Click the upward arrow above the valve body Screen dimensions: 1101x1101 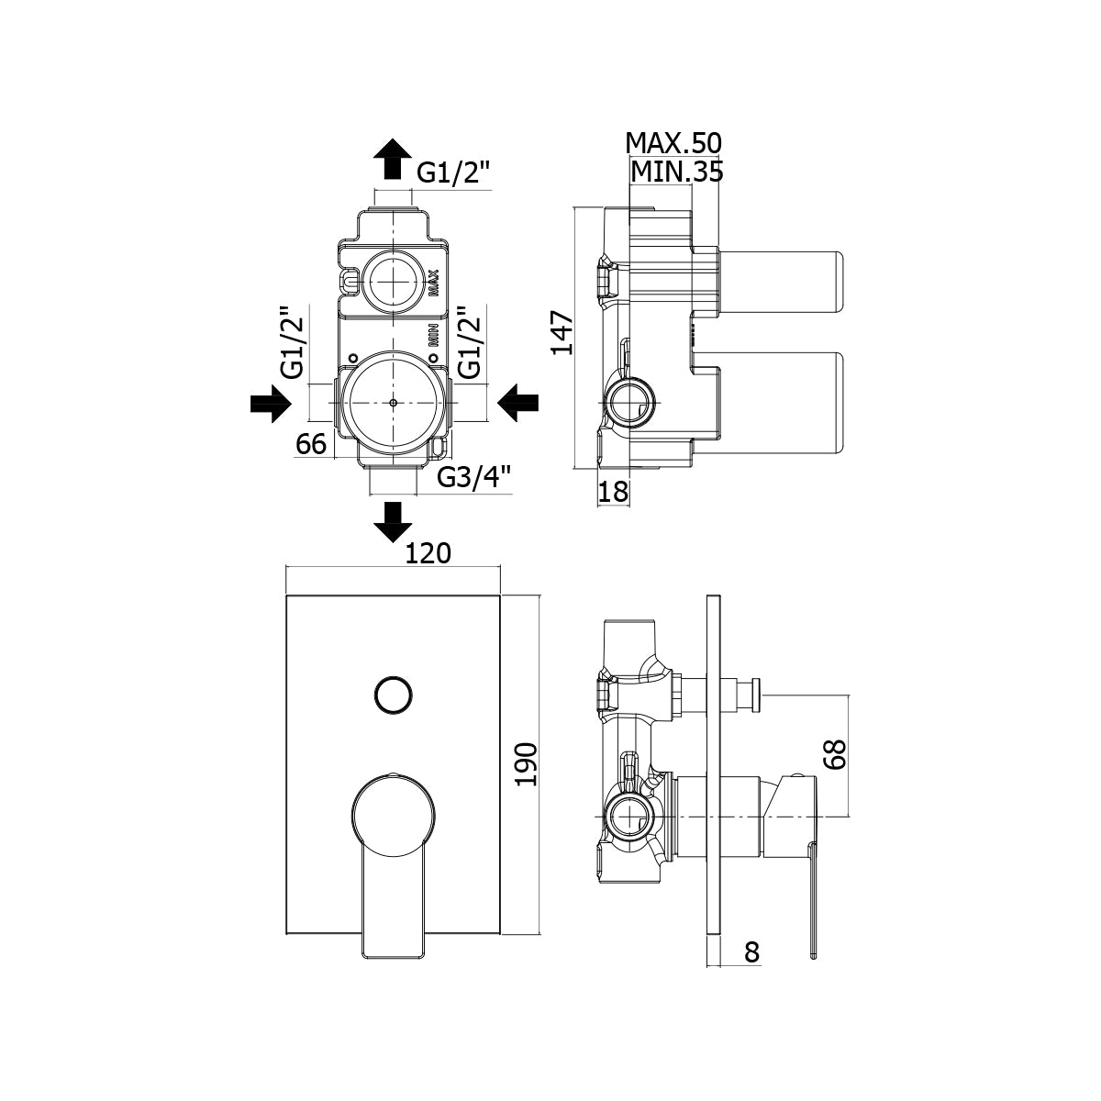[393, 160]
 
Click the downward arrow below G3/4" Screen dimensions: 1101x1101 [393, 521]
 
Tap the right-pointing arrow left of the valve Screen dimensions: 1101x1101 [271, 404]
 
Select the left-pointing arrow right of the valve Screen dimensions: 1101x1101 [517, 404]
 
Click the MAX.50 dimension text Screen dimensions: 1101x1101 [673, 143]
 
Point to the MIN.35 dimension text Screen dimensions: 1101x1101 [676, 171]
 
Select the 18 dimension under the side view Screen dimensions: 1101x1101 [613, 493]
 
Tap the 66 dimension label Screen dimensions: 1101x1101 [311, 444]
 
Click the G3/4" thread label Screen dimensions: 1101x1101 [473, 477]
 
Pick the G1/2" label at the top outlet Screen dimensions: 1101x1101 [455, 172]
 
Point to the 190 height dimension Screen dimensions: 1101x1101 [525, 763]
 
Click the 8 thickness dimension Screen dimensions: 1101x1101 [751, 952]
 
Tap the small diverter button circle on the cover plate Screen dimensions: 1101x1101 [393, 695]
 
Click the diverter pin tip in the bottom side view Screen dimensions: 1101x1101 [758, 695]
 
